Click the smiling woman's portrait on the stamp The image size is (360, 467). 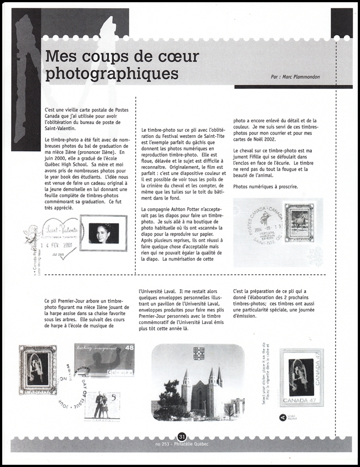pyautogui.click(x=103, y=233)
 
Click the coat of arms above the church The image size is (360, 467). pyautogui.click(x=198, y=352)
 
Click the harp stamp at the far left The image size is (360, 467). pyautogui.click(x=37, y=370)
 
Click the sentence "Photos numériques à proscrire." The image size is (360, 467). pyautogui.click(x=266, y=186)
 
